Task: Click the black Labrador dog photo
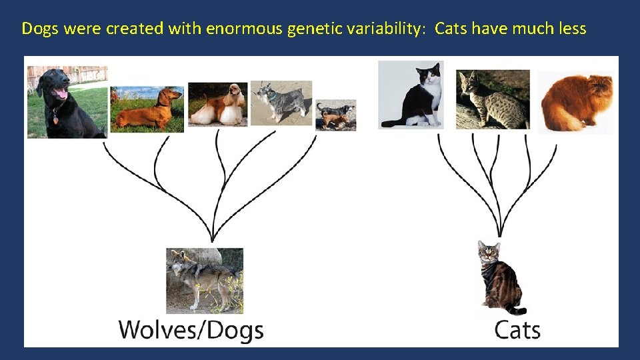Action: [x=67, y=101]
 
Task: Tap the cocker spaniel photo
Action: [x=217, y=104]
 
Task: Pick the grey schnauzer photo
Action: [x=281, y=103]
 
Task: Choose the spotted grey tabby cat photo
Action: [x=493, y=99]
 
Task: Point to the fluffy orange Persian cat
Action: [x=576, y=102]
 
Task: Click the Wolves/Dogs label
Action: [x=191, y=330]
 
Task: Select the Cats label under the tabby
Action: [x=517, y=330]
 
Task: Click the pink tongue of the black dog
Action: [x=61, y=94]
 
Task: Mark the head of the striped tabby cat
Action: [x=489, y=253]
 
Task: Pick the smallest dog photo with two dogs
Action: [x=335, y=115]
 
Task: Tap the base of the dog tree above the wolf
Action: [x=212, y=239]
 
